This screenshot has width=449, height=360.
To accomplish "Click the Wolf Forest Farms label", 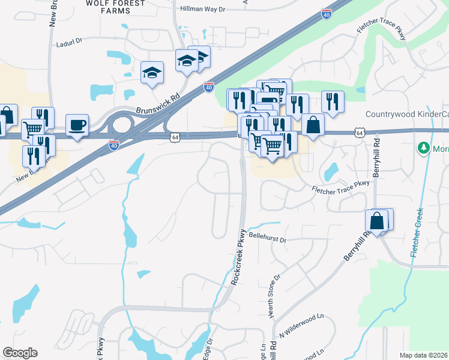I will (116, 7).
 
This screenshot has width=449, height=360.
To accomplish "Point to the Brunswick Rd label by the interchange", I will (158, 103).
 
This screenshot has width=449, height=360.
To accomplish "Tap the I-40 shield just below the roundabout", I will (114, 145).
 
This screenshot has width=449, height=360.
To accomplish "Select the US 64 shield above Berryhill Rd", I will (359, 132).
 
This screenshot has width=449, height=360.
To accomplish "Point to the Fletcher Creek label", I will (417, 233).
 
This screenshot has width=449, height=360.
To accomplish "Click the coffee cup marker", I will (77, 125).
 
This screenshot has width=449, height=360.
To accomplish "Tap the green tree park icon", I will (424, 147).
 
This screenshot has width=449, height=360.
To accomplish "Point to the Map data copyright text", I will (424, 355).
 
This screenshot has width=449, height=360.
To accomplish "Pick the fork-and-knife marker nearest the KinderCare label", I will (332, 101).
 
